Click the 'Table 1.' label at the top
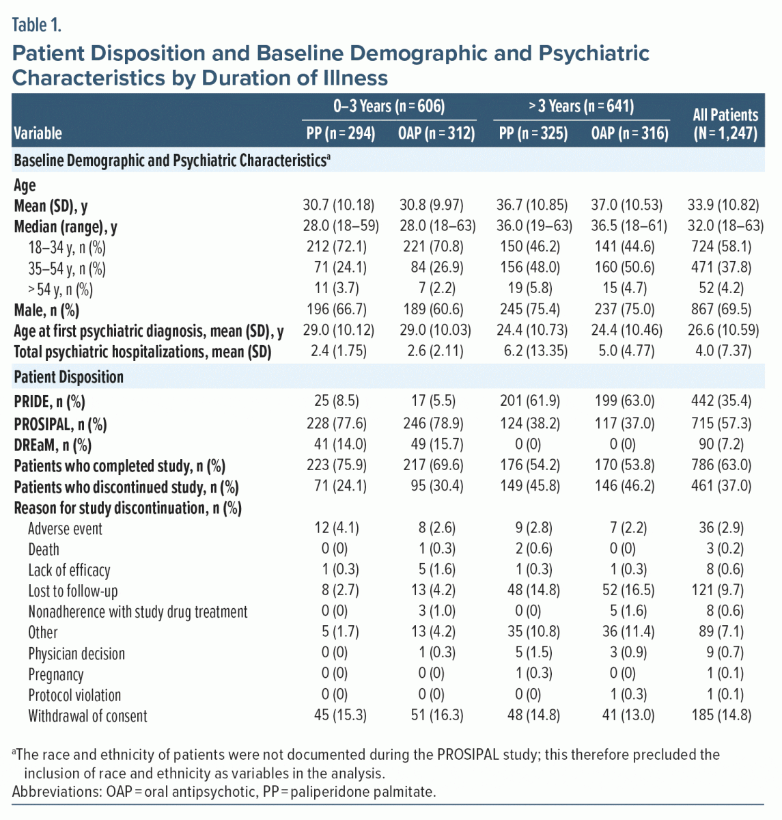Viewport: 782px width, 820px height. tap(37, 26)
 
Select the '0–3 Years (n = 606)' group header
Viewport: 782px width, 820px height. tap(389, 106)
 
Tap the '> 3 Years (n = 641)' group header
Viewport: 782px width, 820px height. tap(581, 106)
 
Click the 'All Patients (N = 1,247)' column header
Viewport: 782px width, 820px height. tap(725, 124)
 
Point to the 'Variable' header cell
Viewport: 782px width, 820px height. tap(38, 133)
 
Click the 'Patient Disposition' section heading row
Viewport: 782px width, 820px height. tap(69, 377)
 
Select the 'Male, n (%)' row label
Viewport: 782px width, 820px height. tap(46, 311)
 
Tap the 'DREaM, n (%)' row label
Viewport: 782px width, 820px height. tap(53, 446)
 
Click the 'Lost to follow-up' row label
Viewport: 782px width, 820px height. tap(73, 591)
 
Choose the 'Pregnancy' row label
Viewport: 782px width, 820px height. tap(56, 675)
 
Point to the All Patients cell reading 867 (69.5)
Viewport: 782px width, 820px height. tap(725, 310)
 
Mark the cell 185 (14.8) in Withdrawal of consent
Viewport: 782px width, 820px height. tap(725, 715)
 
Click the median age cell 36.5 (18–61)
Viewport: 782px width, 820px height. tap(629, 226)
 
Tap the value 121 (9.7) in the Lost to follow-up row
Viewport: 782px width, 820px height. tap(725, 590)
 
